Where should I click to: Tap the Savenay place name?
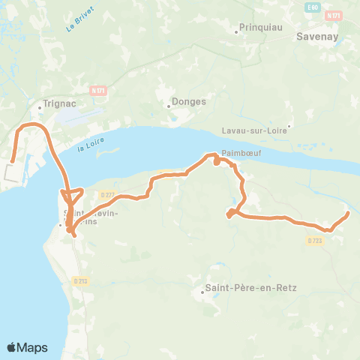(x=318, y=35)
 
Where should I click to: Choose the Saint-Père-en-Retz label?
(x=235, y=286)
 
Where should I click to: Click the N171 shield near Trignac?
(x=97, y=90)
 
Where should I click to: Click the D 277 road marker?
(x=106, y=195)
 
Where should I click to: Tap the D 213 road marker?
(x=81, y=280)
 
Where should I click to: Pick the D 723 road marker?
(x=314, y=240)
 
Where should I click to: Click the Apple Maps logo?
(x=27, y=347)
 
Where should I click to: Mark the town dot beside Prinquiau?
(x=235, y=28)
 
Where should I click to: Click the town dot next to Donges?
(x=168, y=105)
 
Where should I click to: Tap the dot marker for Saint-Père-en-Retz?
(x=202, y=292)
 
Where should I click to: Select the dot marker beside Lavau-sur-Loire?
(x=289, y=125)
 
